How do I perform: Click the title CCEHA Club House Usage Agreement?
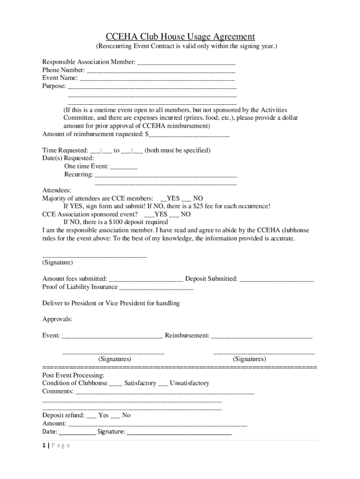[180, 36]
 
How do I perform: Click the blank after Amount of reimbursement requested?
[189, 135]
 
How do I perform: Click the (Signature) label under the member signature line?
[58, 262]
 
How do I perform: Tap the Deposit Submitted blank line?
[276, 279]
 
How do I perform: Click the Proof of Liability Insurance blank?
[156, 287]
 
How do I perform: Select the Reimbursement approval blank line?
[262, 336]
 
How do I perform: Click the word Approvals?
[58, 319]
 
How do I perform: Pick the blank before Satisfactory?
[115, 384]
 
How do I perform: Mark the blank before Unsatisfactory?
[163, 384]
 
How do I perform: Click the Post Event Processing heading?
[73, 375]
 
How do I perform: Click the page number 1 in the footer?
[43, 445]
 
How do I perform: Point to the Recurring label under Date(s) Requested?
[78, 174]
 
